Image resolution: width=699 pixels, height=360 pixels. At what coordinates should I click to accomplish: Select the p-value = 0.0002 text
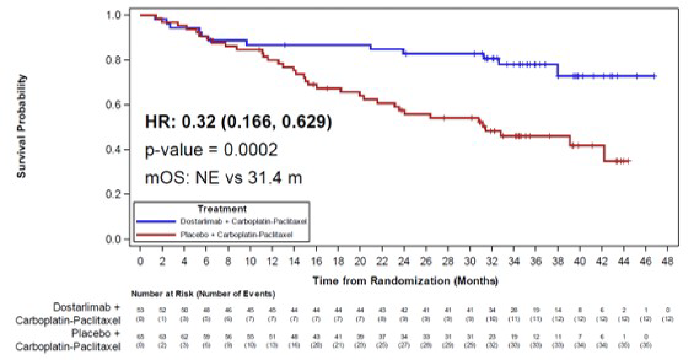point(211,150)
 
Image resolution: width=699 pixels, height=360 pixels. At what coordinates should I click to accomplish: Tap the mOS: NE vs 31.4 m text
point(223,178)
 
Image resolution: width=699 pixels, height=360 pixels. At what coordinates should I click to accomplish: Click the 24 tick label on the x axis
point(404,261)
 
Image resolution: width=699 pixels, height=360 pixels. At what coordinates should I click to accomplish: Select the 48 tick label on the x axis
point(668,261)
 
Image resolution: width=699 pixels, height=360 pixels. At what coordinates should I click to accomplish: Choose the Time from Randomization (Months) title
point(405,280)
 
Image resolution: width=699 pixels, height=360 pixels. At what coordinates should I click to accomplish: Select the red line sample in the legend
point(156,235)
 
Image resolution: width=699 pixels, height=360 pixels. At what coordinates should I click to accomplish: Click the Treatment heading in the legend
point(222,209)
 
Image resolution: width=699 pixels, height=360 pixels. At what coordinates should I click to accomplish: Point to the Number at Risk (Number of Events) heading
point(203,294)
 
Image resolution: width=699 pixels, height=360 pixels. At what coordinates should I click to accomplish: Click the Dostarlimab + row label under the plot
point(86,307)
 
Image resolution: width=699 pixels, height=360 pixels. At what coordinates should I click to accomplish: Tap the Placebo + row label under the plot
point(96,333)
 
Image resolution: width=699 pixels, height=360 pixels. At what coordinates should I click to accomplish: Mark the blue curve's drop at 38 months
point(558,71)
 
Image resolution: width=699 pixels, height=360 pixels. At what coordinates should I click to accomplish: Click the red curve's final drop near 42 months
point(605,154)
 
